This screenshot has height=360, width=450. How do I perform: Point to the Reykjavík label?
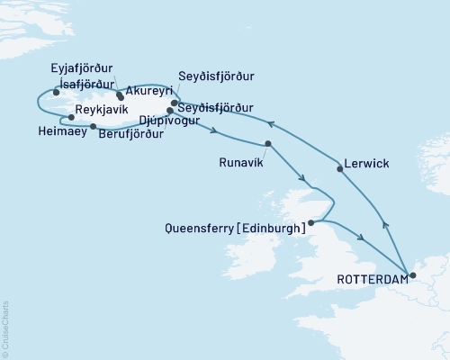(103, 106)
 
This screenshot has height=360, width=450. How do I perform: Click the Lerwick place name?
(366, 166)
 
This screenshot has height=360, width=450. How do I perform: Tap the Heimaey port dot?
(94, 127)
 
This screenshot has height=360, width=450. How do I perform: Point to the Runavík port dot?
(267, 144)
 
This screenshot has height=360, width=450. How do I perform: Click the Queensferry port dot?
(310, 222)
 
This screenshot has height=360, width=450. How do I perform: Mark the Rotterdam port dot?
(411, 275)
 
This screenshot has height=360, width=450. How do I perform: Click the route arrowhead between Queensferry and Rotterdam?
(361, 238)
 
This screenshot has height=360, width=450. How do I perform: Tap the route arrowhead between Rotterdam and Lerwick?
(385, 225)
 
